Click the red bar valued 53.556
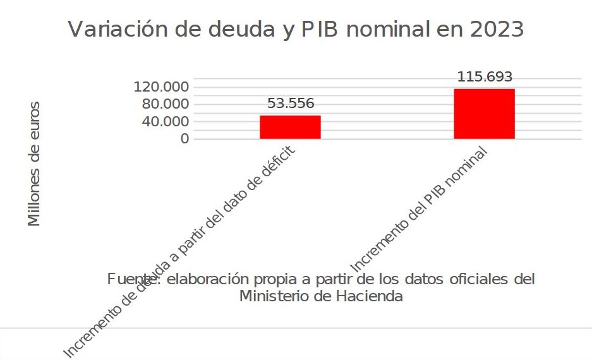pyautogui.click(x=290, y=127)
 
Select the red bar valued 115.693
pyautogui.click(x=484, y=114)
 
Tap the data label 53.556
pyautogui.click(x=291, y=104)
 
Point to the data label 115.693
pyautogui.click(x=485, y=77)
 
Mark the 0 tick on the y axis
pyautogui.click(x=184, y=139)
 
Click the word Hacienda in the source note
pyautogui.click(x=373, y=296)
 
